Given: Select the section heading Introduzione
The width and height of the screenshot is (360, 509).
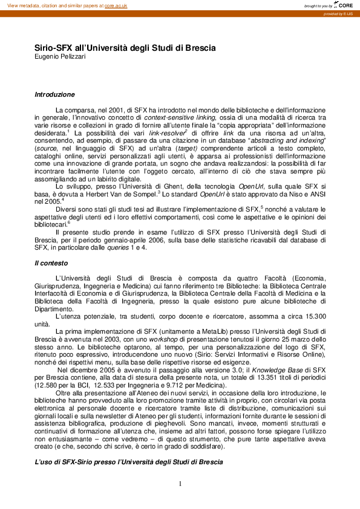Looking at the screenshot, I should [54, 94].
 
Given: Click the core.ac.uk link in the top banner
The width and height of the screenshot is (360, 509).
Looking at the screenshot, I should [117, 5].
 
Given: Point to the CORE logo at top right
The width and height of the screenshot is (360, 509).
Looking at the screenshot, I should [342, 5].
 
